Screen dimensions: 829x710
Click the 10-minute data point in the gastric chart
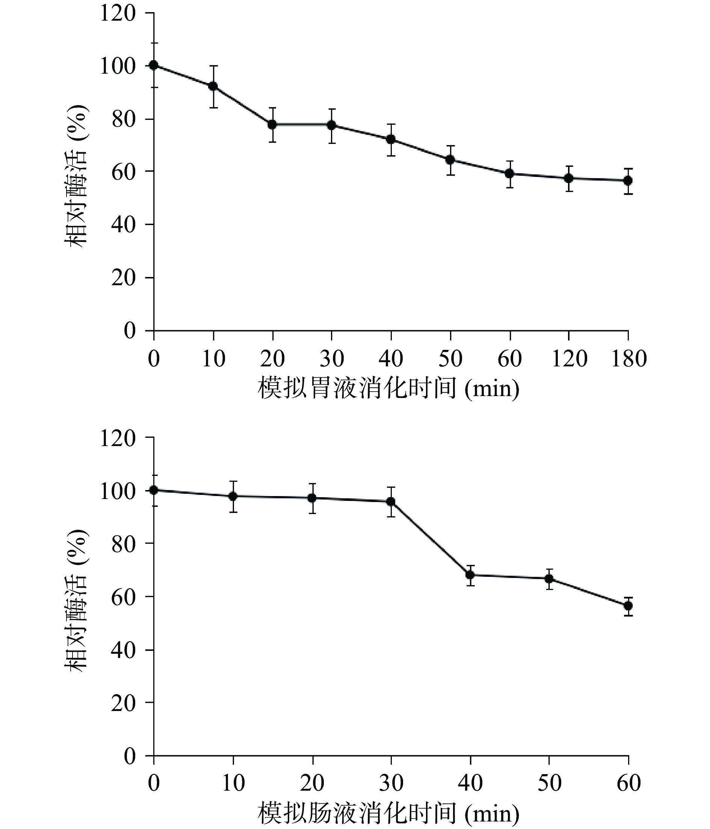click(213, 86)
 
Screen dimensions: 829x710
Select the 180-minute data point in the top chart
click(628, 180)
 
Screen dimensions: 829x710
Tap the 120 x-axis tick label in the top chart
click(569, 359)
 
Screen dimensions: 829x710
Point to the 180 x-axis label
click(628, 359)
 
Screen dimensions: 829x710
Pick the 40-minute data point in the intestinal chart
click(470, 575)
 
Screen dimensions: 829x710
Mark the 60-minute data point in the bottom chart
click(628, 606)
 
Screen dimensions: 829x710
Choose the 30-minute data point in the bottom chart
click(391, 502)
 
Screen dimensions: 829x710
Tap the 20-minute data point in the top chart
click(272, 124)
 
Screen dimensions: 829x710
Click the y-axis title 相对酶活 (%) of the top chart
click(76, 175)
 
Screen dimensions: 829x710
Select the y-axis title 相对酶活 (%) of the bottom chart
click(76, 600)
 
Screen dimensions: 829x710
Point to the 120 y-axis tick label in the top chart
click(118, 14)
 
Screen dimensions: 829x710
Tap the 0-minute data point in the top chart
click(154, 65)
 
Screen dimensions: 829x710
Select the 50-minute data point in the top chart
click(450, 160)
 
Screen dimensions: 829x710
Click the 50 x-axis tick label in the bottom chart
click(549, 783)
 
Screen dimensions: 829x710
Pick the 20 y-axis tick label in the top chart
click(124, 278)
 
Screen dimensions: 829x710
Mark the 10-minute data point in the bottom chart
click(233, 496)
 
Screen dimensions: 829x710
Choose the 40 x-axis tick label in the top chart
click(391, 359)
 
